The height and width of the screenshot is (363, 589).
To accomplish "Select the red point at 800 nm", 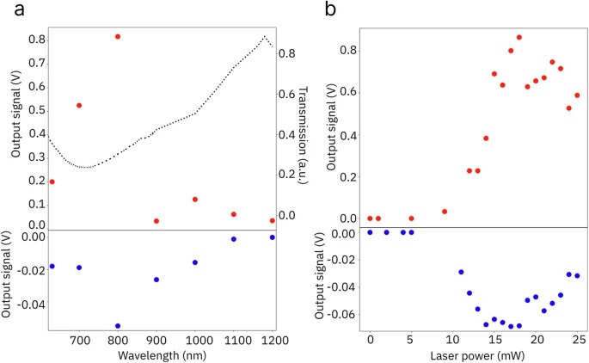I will (118, 37).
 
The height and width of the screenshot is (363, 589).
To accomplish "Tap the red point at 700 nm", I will (79, 105).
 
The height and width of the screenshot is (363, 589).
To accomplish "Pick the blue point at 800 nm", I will (118, 326).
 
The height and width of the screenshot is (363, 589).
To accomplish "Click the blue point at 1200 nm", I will (273, 237).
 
